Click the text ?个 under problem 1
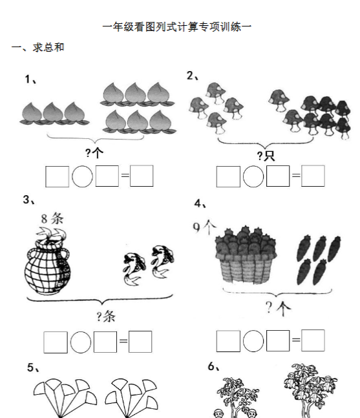[x=94, y=153]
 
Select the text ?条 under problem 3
[x=106, y=316]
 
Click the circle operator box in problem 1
[x=82, y=176]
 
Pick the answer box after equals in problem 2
[x=313, y=176]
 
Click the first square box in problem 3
[x=55, y=342]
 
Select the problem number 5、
[x=34, y=368]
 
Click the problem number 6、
[x=215, y=366]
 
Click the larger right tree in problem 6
[x=309, y=388]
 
